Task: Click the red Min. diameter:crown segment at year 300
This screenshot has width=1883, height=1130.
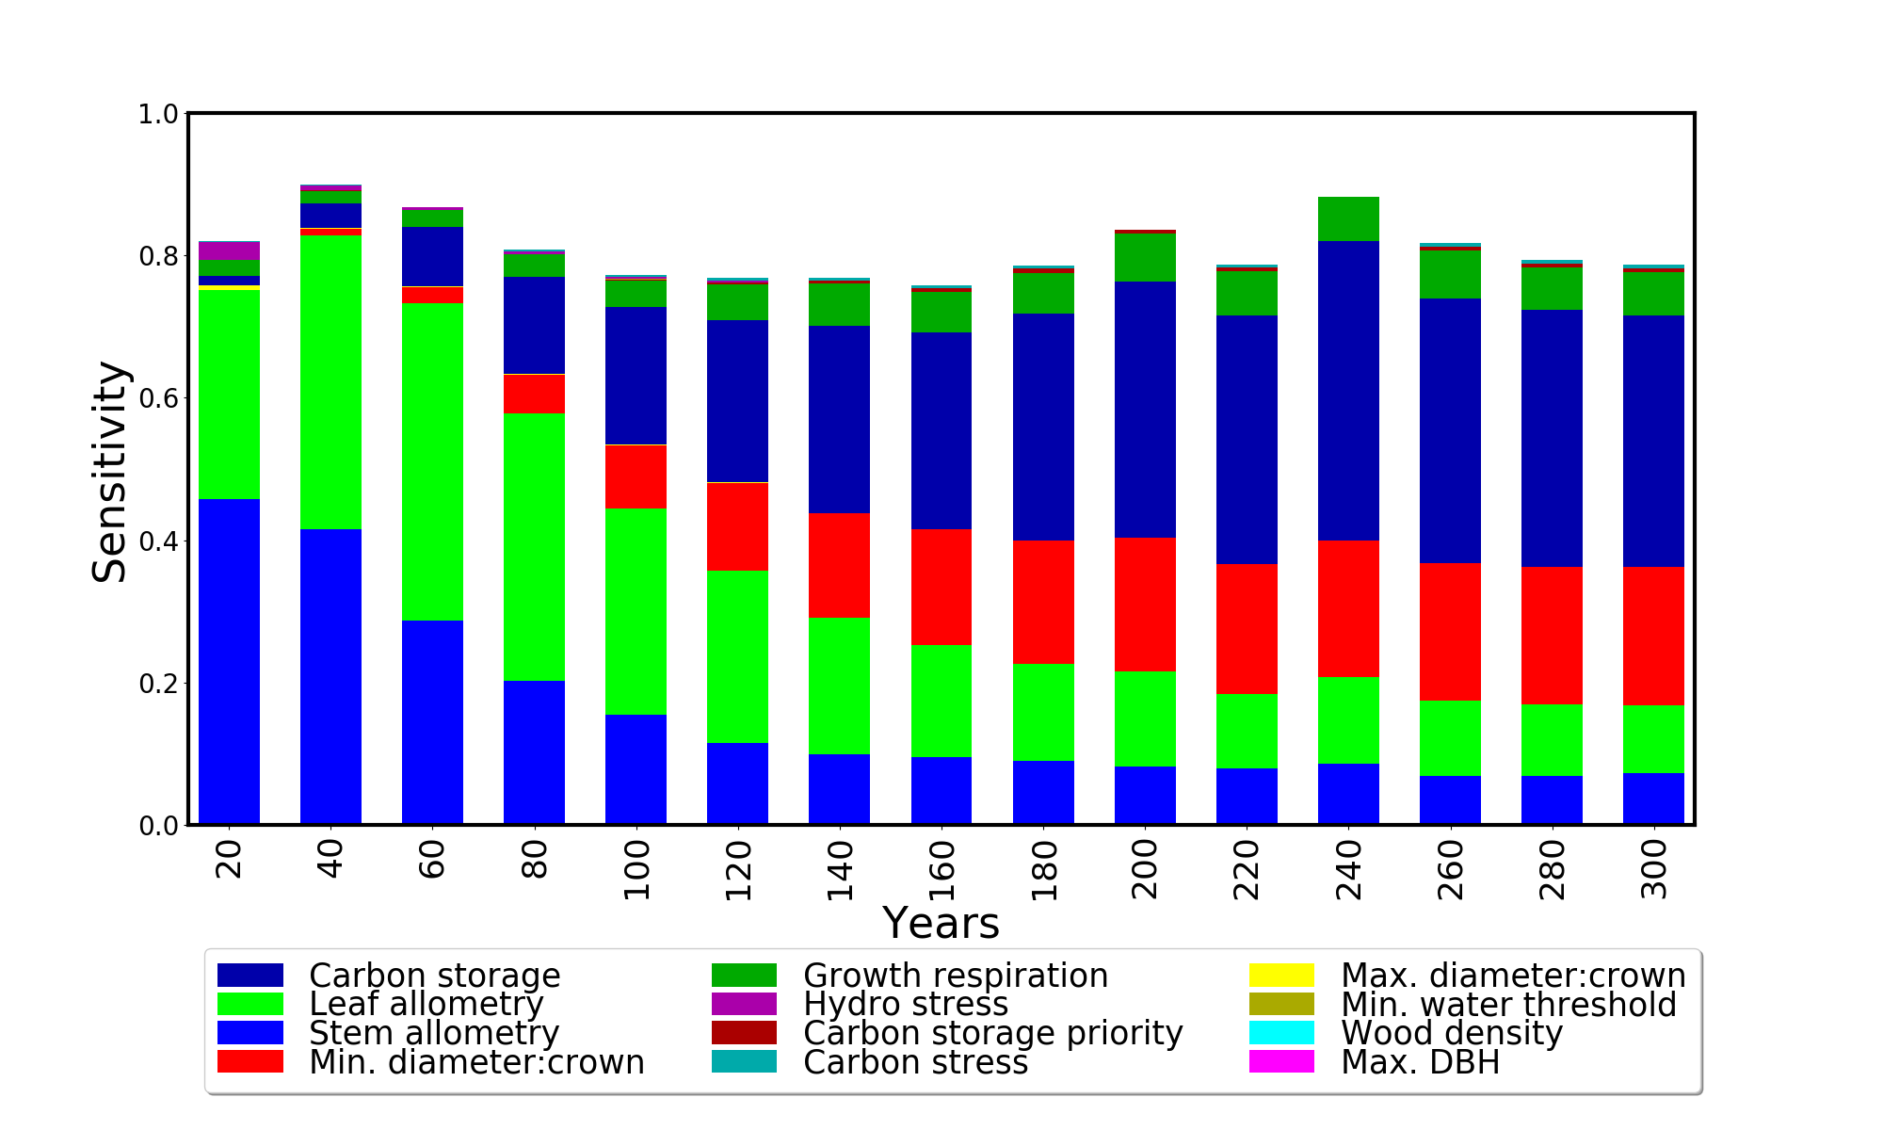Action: pyautogui.click(x=1653, y=636)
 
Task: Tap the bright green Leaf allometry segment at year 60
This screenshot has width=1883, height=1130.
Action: pyautogui.click(x=432, y=461)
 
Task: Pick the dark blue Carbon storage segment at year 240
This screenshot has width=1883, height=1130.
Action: pyautogui.click(x=1348, y=391)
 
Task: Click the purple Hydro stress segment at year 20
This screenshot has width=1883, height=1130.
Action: pyautogui.click(x=229, y=250)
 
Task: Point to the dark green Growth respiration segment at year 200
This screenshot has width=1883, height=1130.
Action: pyautogui.click(x=1145, y=257)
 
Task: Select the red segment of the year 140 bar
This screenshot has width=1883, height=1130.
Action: pyautogui.click(x=839, y=565)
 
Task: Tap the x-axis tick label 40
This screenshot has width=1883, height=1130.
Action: pyautogui.click(x=330, y=859)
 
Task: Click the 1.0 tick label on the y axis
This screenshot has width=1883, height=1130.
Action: pyautogui.click(x=157, y=114)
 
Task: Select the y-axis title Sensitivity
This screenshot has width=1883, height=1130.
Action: pyautogui.click(x=109, y=471)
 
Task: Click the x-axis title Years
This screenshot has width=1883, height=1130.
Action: pyautogui.click(x=941, y=924)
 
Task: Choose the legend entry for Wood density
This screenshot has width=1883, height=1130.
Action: pyautogui.click(x=1451, y=1033)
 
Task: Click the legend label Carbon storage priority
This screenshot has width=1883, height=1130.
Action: pyautogui.click(x=992, y=1033)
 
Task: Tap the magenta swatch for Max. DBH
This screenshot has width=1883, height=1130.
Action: pyautogui.click(x=1281, y=1062)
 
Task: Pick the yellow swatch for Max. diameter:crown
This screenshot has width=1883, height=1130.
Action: pyautogui.click(x=1281, y=976)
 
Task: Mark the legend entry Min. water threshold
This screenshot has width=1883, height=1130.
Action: pyautogui.click(x=1508, y=1005)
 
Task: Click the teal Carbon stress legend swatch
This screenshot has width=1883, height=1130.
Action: pyautogui.click(x=744, y=1062)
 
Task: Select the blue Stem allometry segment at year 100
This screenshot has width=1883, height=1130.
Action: pyautogui.click(x=636, y=769)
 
